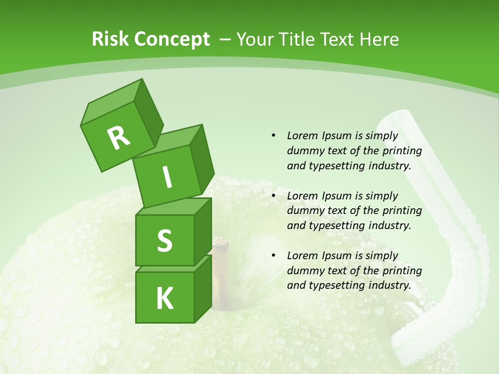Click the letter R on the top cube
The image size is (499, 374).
[119, 138]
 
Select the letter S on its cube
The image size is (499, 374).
[164, 241]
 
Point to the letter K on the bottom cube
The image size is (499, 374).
[164, 299]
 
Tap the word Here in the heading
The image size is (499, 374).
[380, 39]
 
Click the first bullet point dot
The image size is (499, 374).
[273, 136]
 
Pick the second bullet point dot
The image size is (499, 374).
[273, 196]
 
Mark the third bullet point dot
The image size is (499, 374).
[273, 256]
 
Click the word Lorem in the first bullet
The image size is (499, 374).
[301, 136]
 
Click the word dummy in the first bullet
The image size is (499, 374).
[304, 151]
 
